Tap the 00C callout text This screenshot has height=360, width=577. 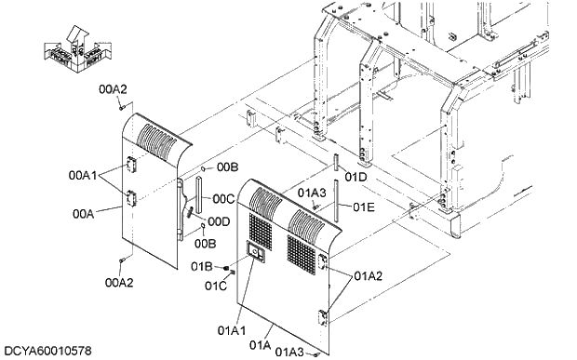pyautogui.click(x=222, y=198)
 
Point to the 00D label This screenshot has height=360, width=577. pyautogui.click(x=219, y=221)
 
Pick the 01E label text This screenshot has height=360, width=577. pyautogui.click(x=363, y=207)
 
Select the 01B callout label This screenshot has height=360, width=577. pyautogui.click(x=202, y=267)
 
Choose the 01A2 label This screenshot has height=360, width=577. pyautogui.click(x=369, y=276)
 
